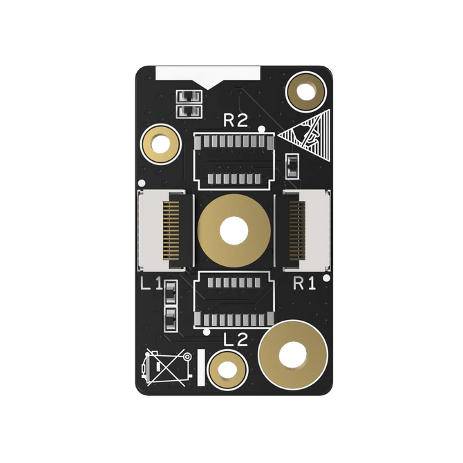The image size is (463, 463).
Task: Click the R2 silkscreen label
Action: click(x=235, y=121)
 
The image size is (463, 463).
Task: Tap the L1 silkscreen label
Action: click(x=151, y=283)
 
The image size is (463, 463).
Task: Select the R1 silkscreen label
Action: click(x=305, y=283)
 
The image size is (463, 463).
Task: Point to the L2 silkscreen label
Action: click(x=235, y=339)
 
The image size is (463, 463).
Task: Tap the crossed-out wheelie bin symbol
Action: click(x=166, y=368)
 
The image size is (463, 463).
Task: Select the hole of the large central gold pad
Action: click(x=231, y=230)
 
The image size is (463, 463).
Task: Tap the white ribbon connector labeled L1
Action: click(x=162, y=230)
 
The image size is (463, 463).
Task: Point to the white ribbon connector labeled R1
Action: click(x=302, y=230)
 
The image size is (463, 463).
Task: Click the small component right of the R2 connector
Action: click(x=291, y=166)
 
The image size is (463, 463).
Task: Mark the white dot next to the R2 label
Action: click(x=261, y=129)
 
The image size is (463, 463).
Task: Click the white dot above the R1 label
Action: click(x=326, y=278)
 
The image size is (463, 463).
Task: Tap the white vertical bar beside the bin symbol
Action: click(x=201, y=368)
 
